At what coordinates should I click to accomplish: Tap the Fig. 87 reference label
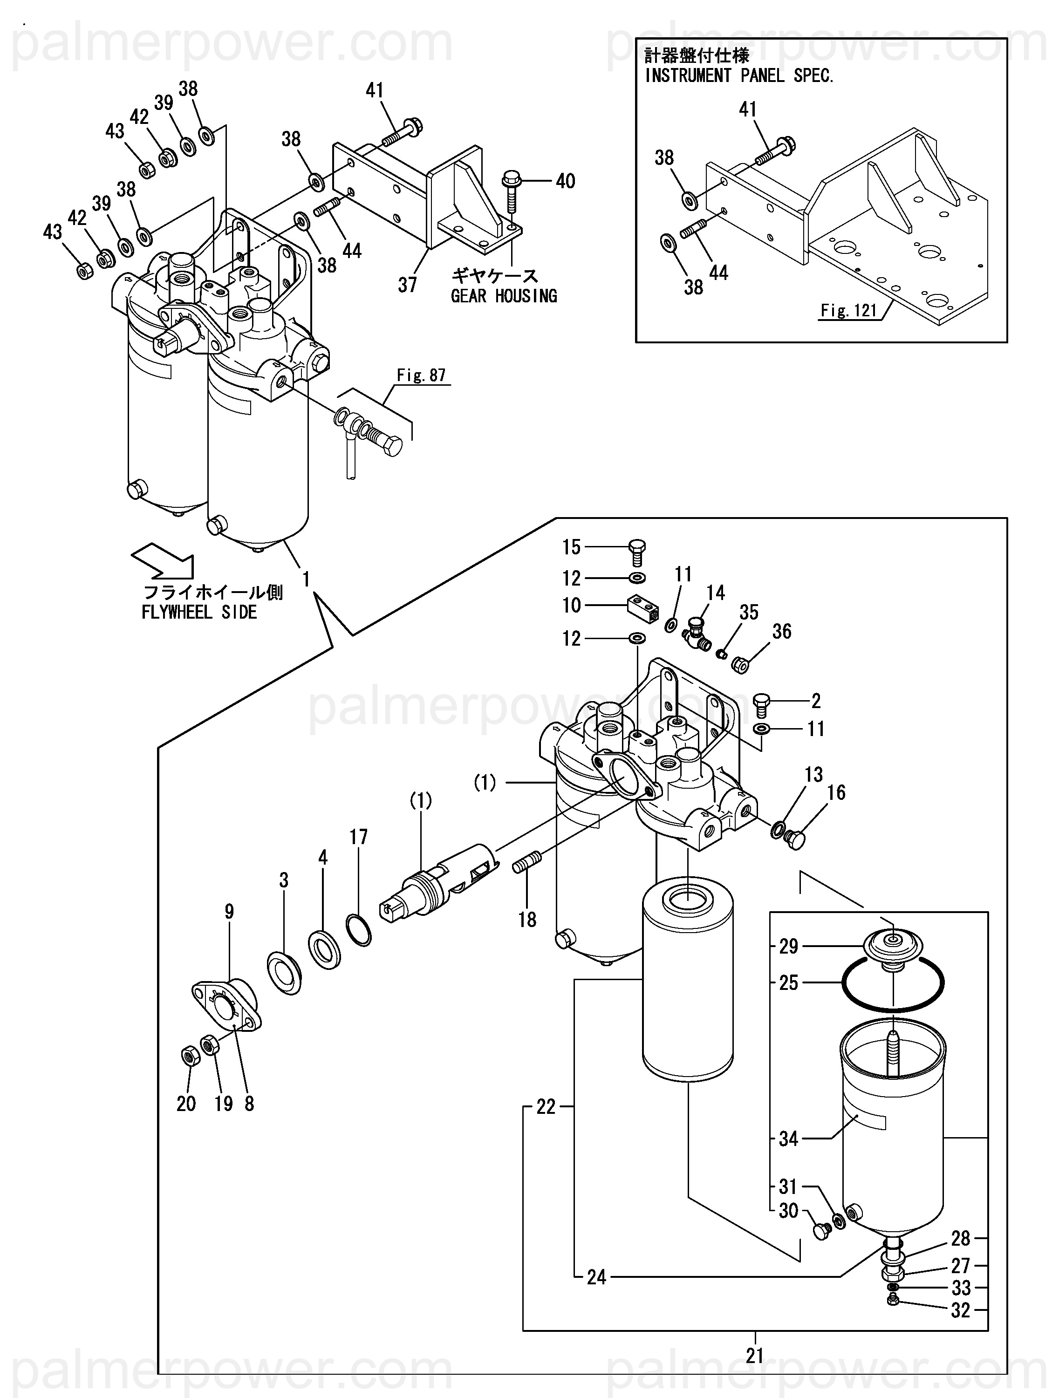click(x=421, y=375)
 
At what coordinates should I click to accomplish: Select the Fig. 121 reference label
click(x=848, y=310)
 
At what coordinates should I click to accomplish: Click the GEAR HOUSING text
click(x=504, y=296)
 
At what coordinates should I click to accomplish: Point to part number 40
click(x=565, y=181)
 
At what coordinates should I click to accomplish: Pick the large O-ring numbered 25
click(x=892, y=983)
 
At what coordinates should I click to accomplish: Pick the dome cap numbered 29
click(x=893, y=947)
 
